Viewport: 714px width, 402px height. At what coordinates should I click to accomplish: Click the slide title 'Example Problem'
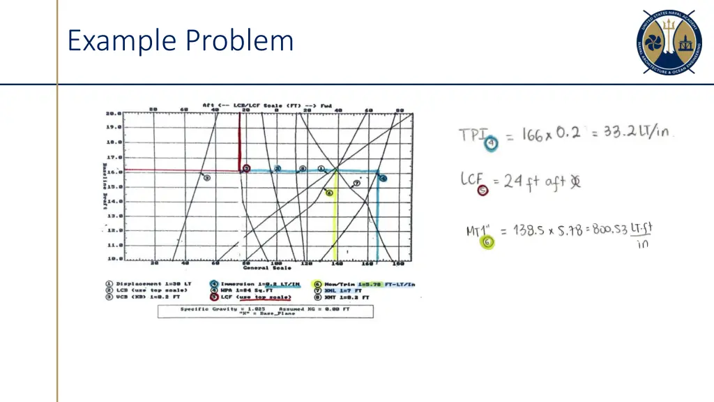180,40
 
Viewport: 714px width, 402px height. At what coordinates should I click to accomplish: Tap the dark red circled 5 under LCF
481,190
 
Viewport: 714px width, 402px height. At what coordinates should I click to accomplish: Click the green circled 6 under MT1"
487,242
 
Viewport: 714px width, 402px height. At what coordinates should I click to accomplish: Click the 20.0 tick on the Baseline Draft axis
114,113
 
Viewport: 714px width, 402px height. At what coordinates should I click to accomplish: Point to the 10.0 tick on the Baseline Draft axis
114,259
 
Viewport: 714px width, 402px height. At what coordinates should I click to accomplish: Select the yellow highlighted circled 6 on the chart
329,193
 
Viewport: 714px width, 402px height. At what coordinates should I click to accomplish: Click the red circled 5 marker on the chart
246,169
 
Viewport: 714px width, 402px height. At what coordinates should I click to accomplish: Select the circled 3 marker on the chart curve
206,178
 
